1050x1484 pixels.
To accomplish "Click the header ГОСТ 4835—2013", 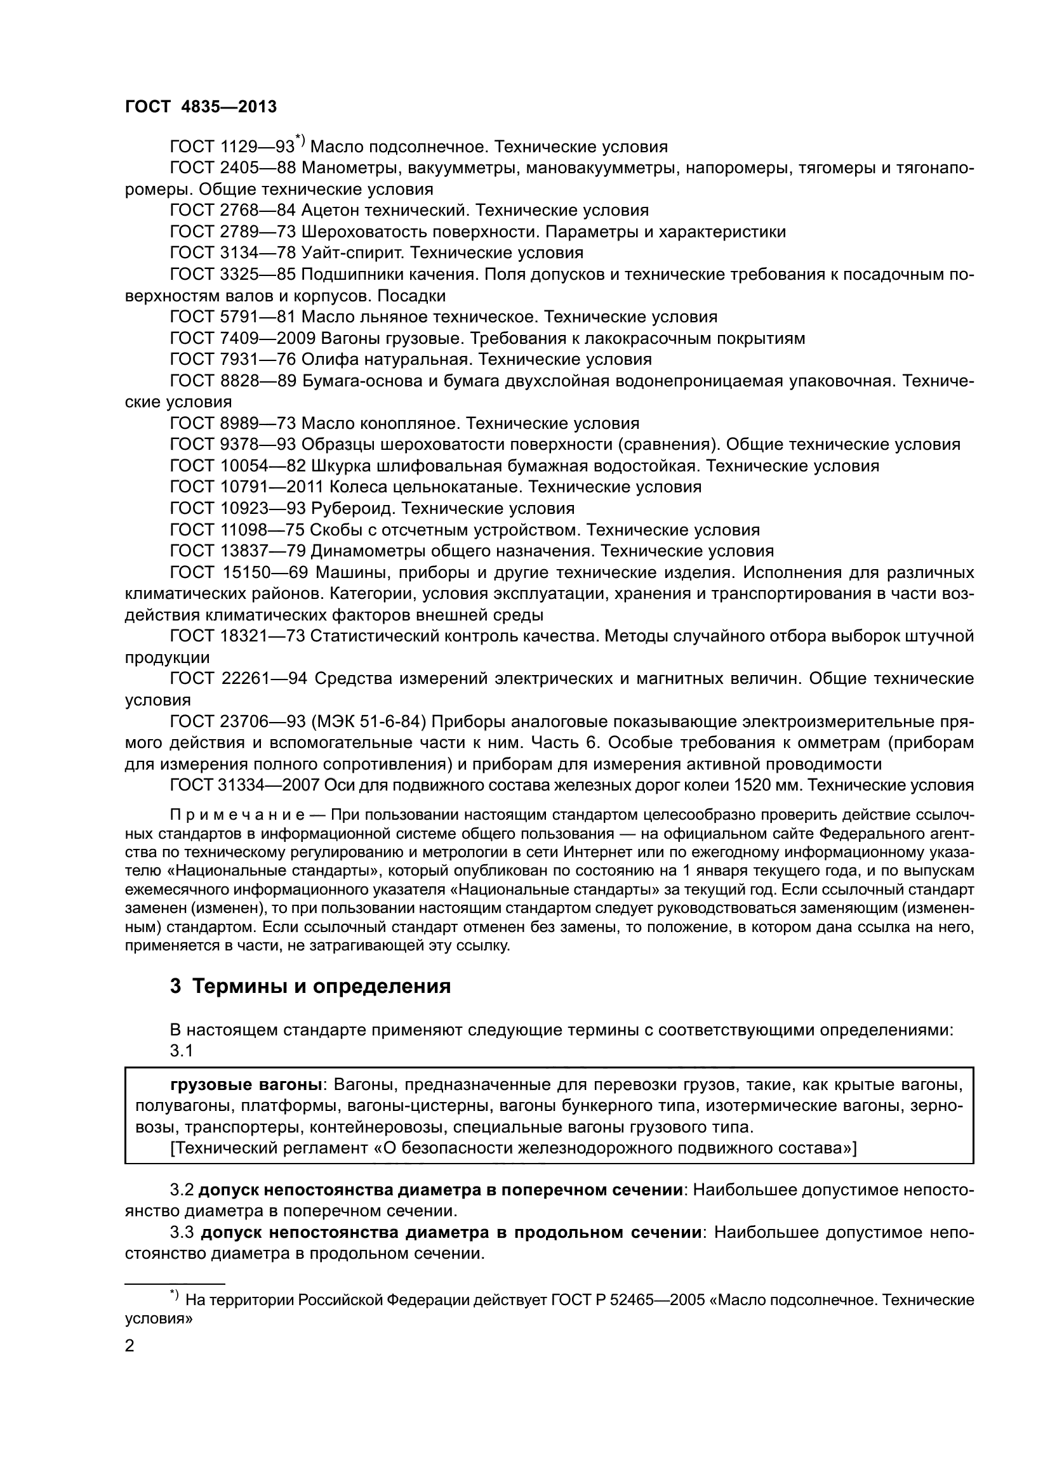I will [201, 107].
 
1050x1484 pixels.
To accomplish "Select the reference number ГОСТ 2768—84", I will [233, 211].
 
